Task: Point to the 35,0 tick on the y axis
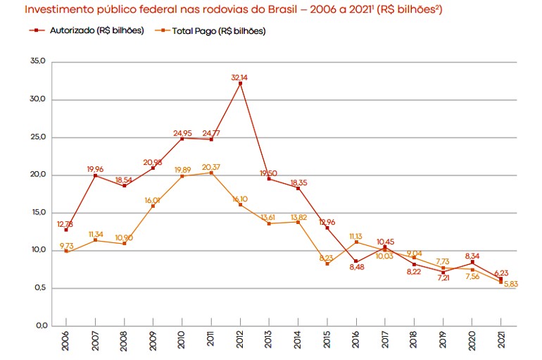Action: (38, 61)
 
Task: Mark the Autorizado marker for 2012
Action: (241, 84)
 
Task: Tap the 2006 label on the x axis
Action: (66, 341)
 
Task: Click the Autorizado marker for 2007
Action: (95, 175)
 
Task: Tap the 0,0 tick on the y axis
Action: (39, 326)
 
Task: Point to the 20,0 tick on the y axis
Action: (38, 175)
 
